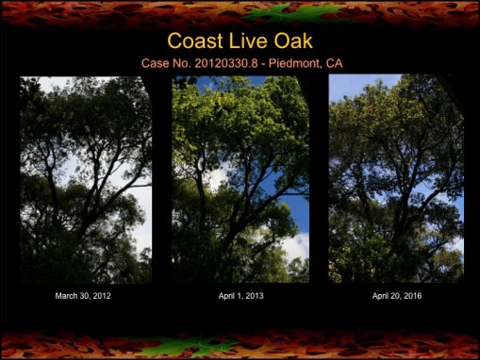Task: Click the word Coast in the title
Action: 195,41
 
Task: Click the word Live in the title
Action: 248,41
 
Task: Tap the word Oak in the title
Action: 293,41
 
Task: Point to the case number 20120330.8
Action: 226,63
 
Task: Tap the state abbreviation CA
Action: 335,63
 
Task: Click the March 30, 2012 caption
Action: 83,296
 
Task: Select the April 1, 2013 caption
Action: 241,296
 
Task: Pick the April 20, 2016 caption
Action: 397,296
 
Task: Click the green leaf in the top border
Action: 294,13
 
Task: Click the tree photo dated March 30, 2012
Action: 86,180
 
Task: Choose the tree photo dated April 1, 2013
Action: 240,179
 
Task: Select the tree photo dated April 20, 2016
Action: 396,178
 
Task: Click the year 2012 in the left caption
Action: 102,296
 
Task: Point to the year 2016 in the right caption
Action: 413,296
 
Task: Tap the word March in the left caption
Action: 65,296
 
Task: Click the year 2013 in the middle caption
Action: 255,296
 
